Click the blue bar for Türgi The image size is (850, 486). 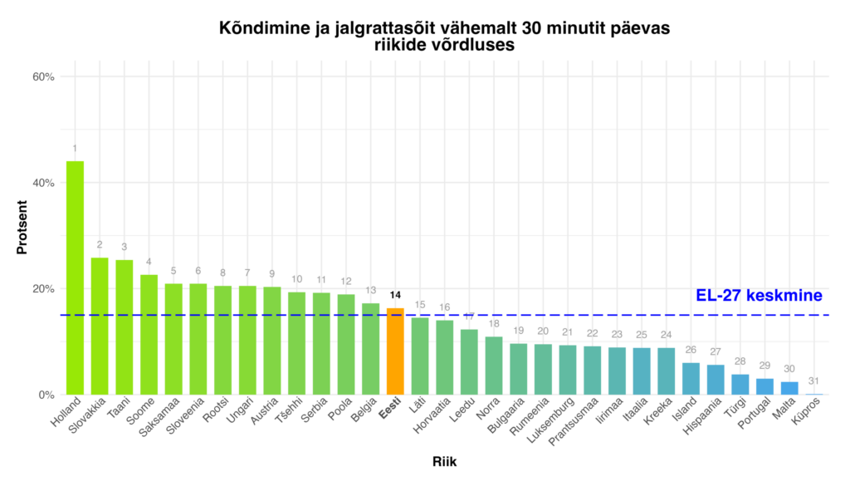tap(740, 385)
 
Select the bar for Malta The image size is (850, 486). tap(789, 388)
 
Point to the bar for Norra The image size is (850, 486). tap(494, 366)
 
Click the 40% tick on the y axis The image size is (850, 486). tap(43, 183)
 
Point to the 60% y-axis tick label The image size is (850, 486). tap(43, 76)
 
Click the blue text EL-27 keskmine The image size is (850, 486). tap(759, 296)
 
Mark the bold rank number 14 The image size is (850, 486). tap(395, 295)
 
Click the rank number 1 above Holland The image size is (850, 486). tap(75, 148)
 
